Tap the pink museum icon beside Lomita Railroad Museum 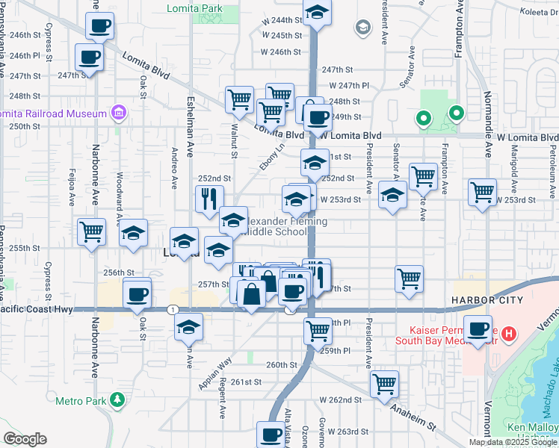click(x=118, y=113)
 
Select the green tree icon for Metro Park click(x=117, y=401)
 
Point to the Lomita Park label click(x=217, y=8)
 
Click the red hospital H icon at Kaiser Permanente click(x=510, y=332)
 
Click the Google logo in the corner click(x=25, y=439)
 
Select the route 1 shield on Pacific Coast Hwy click(x=173, y=309)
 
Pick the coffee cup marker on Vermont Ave click(x=478, y=329)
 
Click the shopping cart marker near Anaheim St click(x=384, y=384)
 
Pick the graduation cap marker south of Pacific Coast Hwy click(x=189, y=326)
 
